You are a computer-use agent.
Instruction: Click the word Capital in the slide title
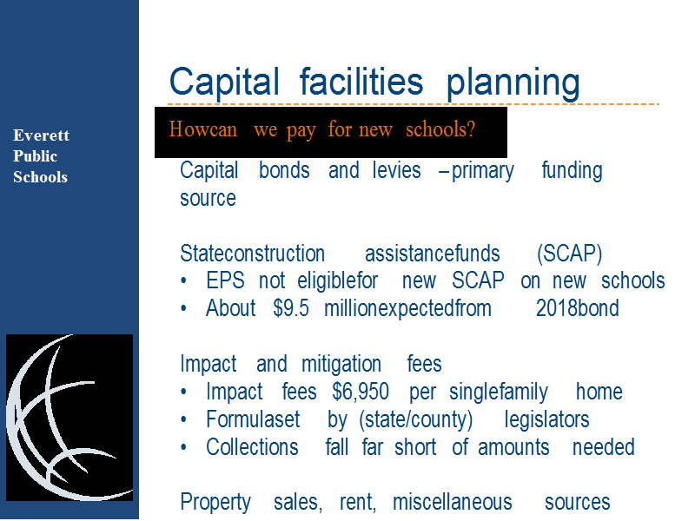pyautogui.click(x=224, y=82)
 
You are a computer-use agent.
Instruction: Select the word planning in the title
pyautogui.click(x=513, y=82)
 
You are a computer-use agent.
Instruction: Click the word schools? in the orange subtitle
pyautogui.click(x=440, y=129)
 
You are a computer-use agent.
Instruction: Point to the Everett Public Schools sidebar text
pyautogui.click(x=41, y=156)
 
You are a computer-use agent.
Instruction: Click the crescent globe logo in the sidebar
pyautogui.click(x=69, y=418)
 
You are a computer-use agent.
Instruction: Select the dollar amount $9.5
pyautogui.click(x=291, y=308)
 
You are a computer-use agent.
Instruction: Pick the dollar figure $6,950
pyautogui.click(x=361, y=392)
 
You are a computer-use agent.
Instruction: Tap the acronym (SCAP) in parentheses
pyautogui.click(x=569, y=254)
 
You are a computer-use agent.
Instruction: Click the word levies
pyautogui.click(x=396, y=170)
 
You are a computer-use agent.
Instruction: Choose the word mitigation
pyautogui.click(x=341, y=365)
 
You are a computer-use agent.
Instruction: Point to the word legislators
pyautogui.click(x=546, y=419)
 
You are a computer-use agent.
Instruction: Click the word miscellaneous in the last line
pyautogui.click(x=452, y=503)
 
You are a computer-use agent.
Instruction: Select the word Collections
pyautogui.click(x=252, y=447)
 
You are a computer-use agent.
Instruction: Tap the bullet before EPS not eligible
pyautogui.click(x=183, y=280)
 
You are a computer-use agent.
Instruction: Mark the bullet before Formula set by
pyautogui.click(x=183, y=419)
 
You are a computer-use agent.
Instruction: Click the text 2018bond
pyautogui.click(x=577, y=308)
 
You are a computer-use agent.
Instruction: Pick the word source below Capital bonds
pyautogui.click(x=208, y=199)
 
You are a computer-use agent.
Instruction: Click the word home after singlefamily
pyautogui.click(x=599, y=392)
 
